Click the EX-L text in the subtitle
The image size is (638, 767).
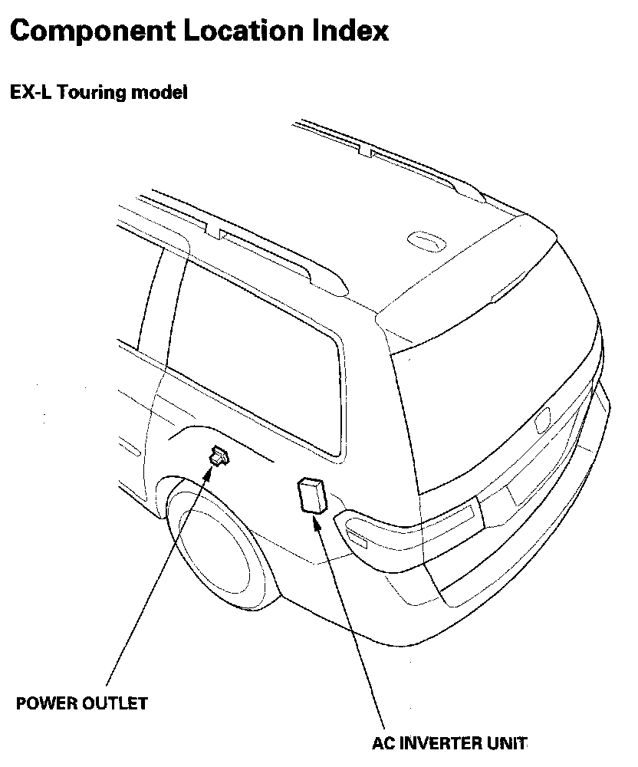[x=29, y=94]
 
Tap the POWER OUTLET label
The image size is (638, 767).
[x=82, y=703]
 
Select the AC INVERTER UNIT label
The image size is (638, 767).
[x=450, y=742]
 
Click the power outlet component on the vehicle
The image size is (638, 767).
[x=219, y=456]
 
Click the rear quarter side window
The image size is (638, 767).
[x=253, y=360]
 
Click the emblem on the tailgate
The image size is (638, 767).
[x=543, y=418]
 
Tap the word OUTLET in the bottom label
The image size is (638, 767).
[x=117, y=703]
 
